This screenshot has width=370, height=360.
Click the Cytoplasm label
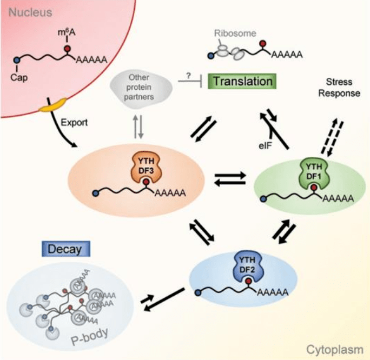point(336,350)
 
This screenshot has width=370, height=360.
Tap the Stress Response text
point(340,88)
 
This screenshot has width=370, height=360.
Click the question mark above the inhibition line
point(188,76)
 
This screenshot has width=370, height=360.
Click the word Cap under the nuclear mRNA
point(18,76)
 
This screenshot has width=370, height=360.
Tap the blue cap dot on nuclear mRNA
point(18,58)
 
